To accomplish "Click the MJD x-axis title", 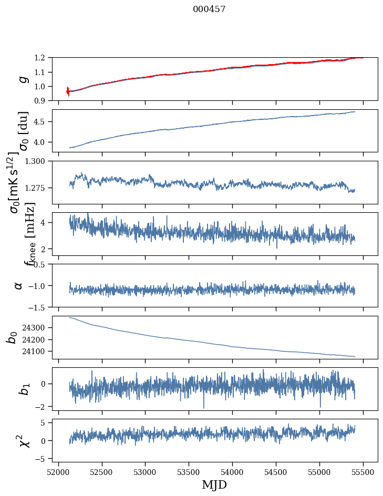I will tap(214, 485).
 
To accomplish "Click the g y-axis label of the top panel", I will tap(22, 79).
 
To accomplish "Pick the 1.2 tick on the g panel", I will tap(42, 58).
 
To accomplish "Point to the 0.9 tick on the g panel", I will tap(42, 100).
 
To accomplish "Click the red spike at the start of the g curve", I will tap(67, 91).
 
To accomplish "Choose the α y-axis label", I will tap(19, 285).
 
